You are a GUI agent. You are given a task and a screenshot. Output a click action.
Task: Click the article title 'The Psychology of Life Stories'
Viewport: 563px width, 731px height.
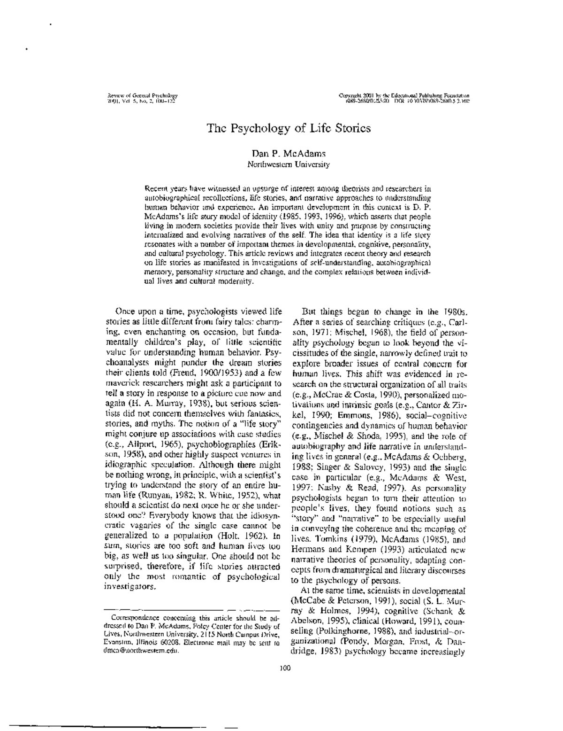[289, 128]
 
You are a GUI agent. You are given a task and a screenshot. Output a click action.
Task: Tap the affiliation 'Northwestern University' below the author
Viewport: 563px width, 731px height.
[289, 164]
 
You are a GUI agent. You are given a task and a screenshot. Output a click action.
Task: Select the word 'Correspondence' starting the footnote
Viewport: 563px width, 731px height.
[130, 618]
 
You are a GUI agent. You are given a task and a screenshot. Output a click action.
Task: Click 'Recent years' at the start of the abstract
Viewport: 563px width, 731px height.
[162, 187]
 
